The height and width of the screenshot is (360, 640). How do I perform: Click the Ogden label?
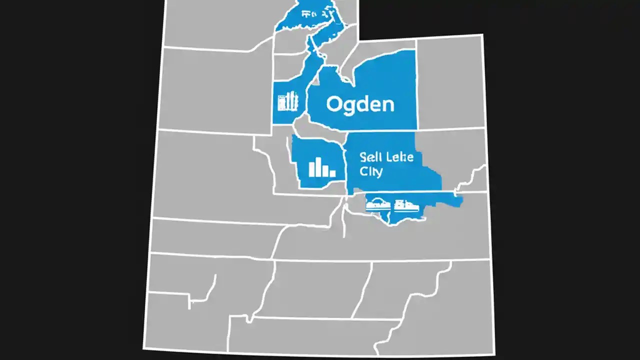[x=360, y=104]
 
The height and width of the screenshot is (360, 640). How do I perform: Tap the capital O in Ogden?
[x=334, y=104]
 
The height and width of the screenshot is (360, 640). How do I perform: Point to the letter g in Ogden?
[x=350, y=106]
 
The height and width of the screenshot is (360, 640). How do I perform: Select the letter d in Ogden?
[x=363, y=104]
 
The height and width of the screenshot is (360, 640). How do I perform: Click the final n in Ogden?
[x=388, y=105]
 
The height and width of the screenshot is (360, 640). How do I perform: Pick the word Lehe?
[x=400, y=157]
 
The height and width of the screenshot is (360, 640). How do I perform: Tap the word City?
[x=371, y=172]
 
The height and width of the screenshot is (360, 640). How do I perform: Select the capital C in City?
[x=363, y=171]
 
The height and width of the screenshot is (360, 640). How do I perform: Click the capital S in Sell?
[x=363, y=157]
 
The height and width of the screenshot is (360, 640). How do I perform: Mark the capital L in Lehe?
[x=389, y=157]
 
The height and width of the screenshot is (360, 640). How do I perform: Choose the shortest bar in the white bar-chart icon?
[x=332, y=173]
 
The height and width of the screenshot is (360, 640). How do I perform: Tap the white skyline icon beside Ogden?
[x=288, y=101]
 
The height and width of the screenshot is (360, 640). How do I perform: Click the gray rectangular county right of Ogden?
[x=450, y=82]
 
